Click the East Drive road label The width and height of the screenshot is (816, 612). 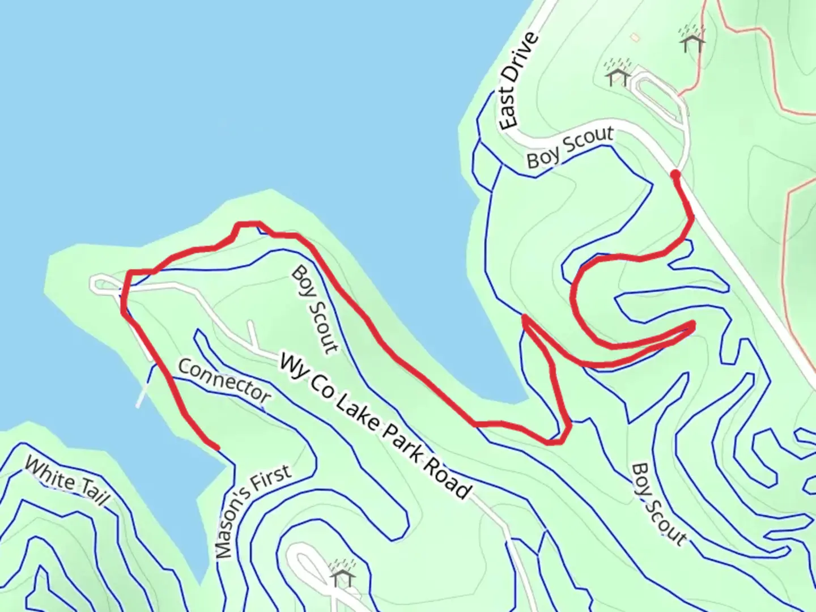pyautogui.click(x=517, y=80)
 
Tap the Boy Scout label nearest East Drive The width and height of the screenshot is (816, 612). pyautogui.click(x=569, y=147)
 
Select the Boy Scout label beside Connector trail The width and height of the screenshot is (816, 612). pyautogui.click(x=315, y=310)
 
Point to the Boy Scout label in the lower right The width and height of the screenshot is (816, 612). pyautogui.click(x=658, y=504)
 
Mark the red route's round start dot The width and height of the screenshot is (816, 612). pyautogui.click(x=675, y=175)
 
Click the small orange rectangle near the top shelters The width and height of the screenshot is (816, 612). pyautogui.click(x=634, y=37)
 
